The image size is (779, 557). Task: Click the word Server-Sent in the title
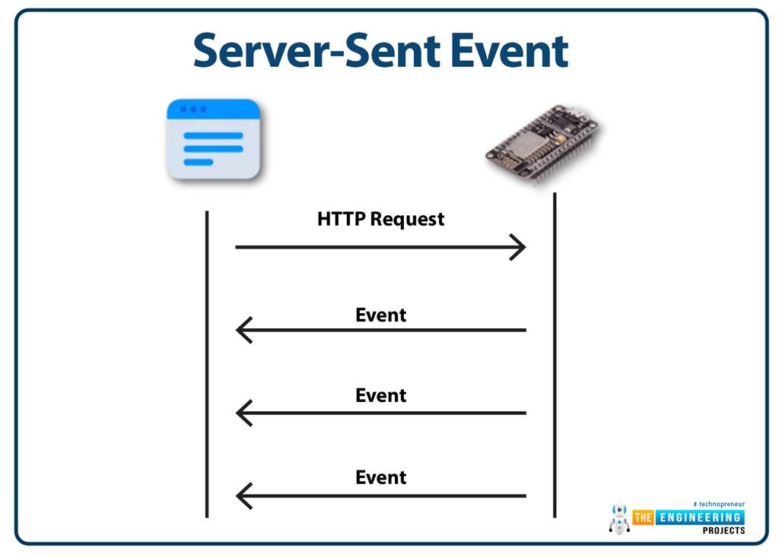coord(316,50)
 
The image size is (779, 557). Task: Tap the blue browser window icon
coord(213,139)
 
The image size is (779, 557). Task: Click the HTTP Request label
coord(380,219)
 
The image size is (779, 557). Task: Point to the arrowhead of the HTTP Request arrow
coord(525,247)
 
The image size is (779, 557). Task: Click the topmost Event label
coord(380,315)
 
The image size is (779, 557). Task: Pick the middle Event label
coord(380,395)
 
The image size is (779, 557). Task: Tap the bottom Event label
coord(380,477)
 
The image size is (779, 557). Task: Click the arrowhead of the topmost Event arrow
coord(237,330)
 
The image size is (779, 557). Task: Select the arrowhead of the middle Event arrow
coord(237,413)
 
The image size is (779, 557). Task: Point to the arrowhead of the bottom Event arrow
coord(237,495)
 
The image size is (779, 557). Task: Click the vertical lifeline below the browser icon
coord(207,364)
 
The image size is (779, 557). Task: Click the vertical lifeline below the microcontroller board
coord(555,355)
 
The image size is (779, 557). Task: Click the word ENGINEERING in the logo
coord(700,517)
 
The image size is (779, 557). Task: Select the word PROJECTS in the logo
coord(723,530)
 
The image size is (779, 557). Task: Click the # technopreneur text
coord(719,504)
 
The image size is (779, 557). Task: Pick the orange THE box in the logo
coord(643,517)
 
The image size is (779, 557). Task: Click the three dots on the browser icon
coord(193,109)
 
